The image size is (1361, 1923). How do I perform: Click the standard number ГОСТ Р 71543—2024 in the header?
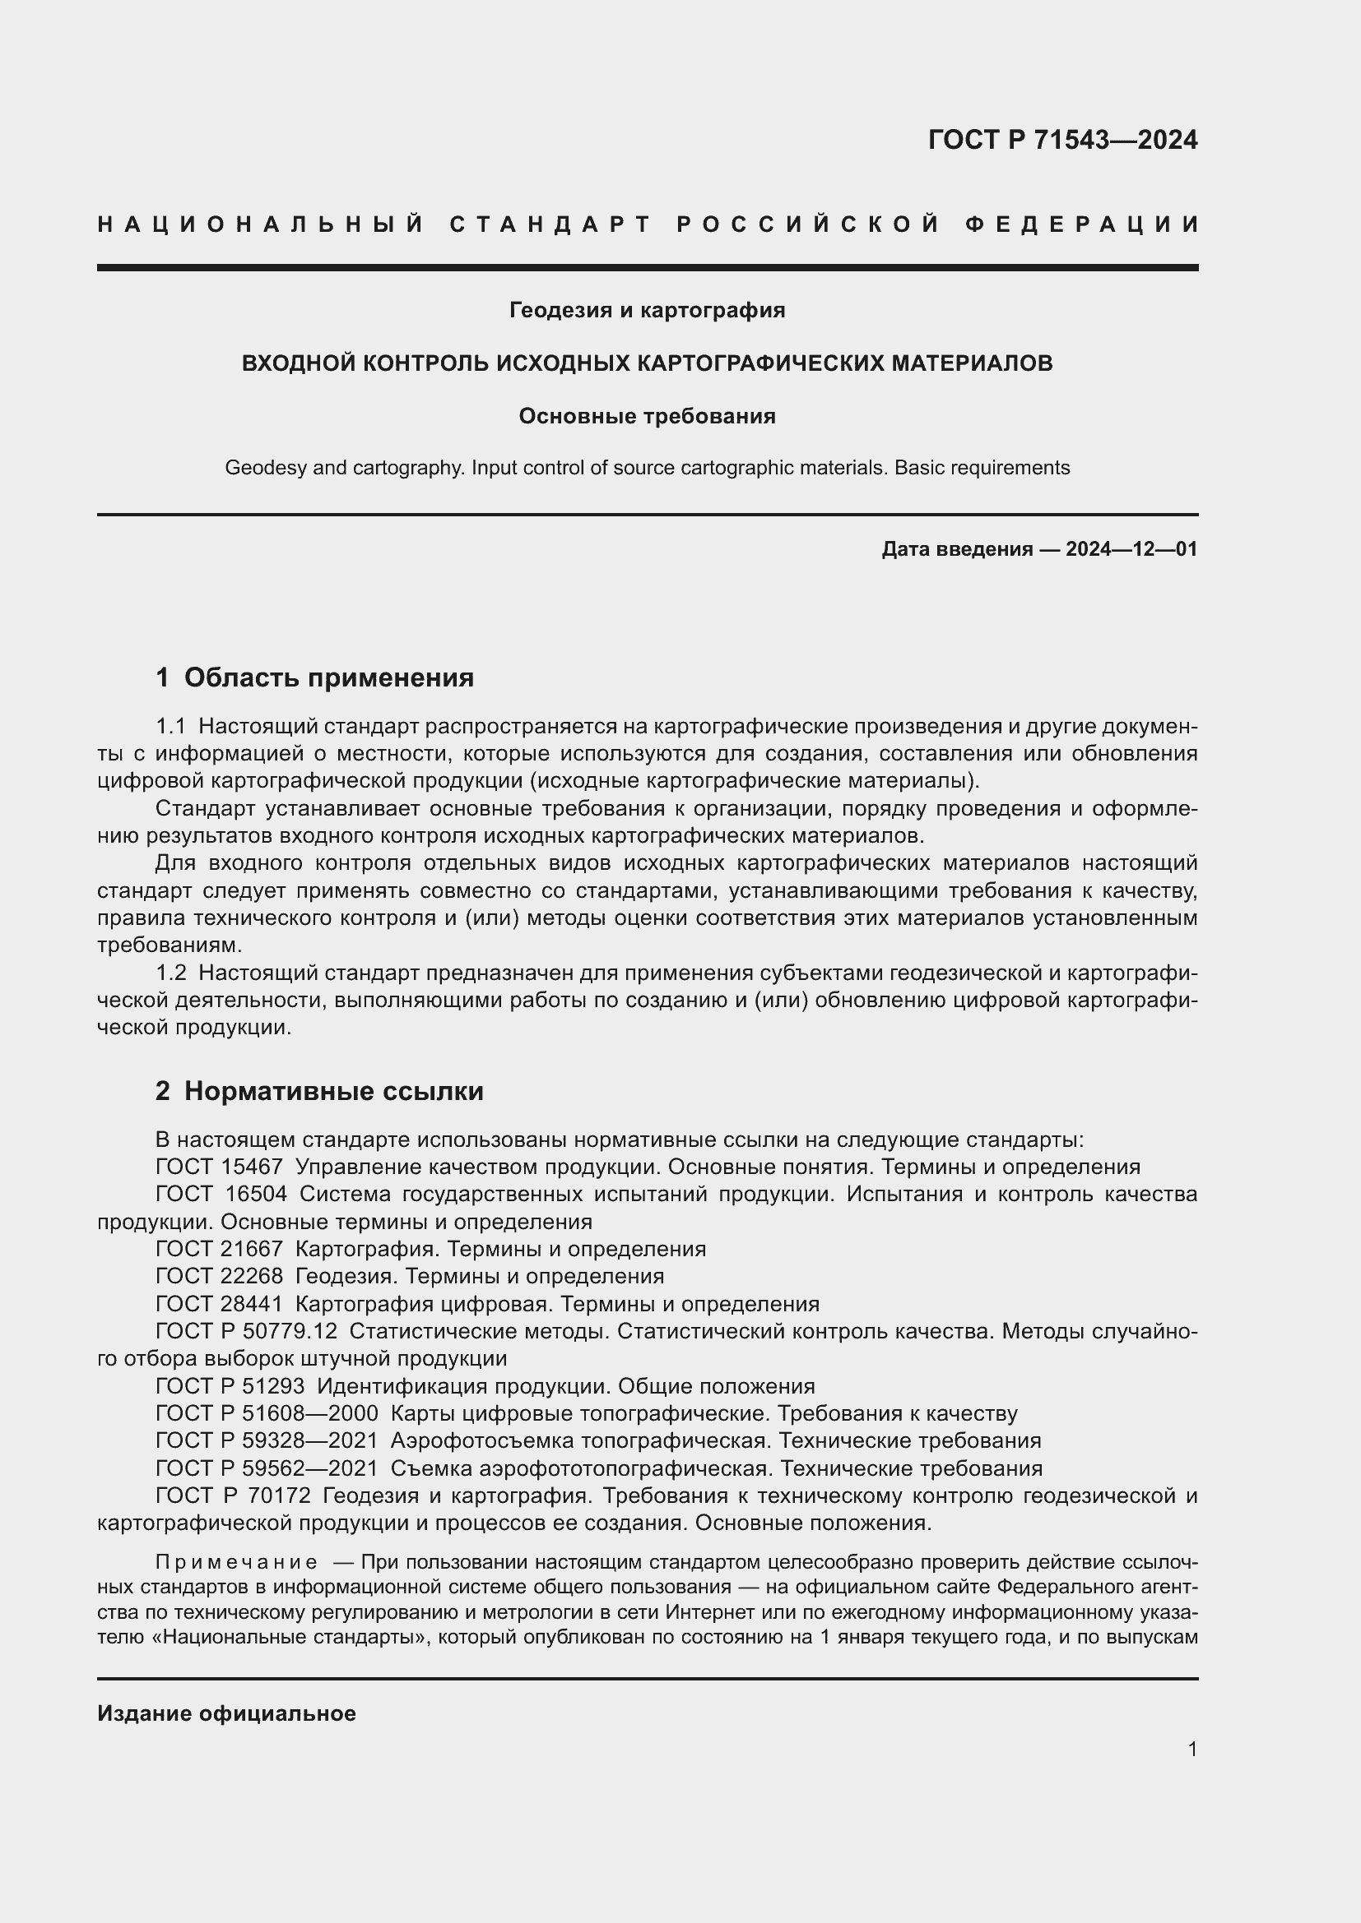click(x=1061, y=140)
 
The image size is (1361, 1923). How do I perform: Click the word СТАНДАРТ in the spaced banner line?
click(x=550, y=224)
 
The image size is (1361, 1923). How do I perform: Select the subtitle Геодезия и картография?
click(x=647, y=311)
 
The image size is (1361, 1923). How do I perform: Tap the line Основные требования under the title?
click(x=647, y=416)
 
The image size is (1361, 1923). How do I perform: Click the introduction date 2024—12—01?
click(x=1131, y=549)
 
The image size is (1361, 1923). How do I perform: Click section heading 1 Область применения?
click(x=314, y=677)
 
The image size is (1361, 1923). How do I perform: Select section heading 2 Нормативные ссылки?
click(x=319, y=1091)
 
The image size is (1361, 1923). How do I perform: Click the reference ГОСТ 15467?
click(x=219, y=1167)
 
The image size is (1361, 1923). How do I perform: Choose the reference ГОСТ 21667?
click(x=219, y=1250)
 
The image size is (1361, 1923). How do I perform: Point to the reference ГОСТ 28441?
click(x=219, y=1304)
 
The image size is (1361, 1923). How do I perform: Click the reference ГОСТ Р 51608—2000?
click(x=267, y=1414)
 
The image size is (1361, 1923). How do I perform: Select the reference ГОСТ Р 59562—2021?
click(x=267, y=1468)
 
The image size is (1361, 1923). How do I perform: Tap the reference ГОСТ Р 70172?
click(x=233, y=1495)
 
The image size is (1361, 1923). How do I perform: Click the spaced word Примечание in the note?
click(x=235, y=1562)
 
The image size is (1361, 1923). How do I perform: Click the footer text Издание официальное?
click(x=226, y=1713)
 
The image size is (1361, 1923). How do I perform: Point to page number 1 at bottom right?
click(x=1191, y=1750)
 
